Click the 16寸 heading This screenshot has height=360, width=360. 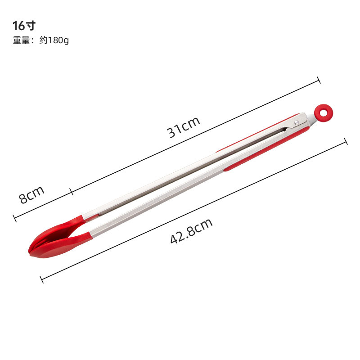click(x=24, y=26)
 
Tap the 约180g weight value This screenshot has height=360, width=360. click(x=54, y=40)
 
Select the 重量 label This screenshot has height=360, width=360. click(x=21, y=40)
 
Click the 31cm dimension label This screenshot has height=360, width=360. click(x=183, y=127)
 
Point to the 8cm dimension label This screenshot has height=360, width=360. click(x=31, y=194)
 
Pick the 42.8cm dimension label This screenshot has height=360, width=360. click(x=191, y=231)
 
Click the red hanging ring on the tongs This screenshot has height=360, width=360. click(x=324, y=113)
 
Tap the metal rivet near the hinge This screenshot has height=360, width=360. click(x=297, y=123)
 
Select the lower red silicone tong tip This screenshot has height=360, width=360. click(x=62, y=245)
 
